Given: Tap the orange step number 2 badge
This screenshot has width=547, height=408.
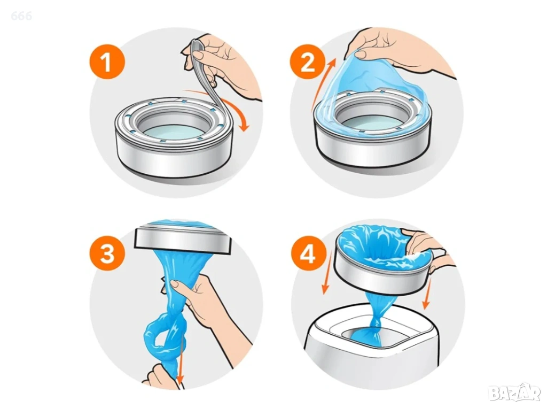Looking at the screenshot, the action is tap(307, 63).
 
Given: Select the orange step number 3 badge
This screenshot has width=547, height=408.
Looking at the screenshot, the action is tap(107, 254).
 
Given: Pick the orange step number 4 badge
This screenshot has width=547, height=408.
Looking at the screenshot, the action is tap(308, 254).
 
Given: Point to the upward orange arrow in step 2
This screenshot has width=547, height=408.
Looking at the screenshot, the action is tap(323, 82).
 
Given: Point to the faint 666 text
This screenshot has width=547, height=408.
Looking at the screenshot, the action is tap(21, 16).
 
